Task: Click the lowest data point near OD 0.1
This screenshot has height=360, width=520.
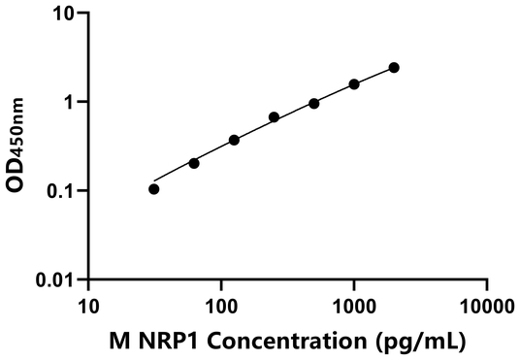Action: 153,189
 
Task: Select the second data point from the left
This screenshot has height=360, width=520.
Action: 194,163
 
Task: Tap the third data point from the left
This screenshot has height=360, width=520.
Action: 234,140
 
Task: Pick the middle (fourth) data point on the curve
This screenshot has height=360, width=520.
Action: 274,117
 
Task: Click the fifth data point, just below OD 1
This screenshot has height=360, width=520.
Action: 314,103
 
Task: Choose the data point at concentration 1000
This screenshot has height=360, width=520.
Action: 354,84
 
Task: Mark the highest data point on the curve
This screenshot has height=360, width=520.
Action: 394,67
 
